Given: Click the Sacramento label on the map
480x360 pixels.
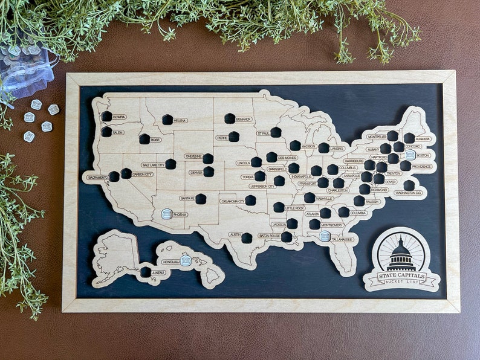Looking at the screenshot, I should [x=97, y=178].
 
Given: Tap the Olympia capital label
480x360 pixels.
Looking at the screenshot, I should [x=118, y=117].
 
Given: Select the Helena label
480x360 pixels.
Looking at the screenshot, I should [x=180, y=120].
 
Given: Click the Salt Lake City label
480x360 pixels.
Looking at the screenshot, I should [x=153, y=164].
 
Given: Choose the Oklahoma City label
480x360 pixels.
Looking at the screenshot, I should [x=232, y=201].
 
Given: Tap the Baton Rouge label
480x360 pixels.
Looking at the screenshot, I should [x=269, y=236].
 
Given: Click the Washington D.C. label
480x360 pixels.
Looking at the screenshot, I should [x=408, y=193].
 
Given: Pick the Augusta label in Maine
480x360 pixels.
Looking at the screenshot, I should [x=423, y=138].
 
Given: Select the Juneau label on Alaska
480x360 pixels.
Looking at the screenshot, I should [x=158, y=272].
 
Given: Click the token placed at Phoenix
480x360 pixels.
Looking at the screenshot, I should [x=167, y=213].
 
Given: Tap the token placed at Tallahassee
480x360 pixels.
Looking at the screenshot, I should [x=325, y=236].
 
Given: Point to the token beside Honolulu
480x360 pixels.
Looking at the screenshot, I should [x=186, y=260].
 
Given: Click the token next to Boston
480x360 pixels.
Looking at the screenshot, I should [x=410, y=155].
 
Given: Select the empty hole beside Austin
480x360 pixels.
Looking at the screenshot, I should [x=247, y=237].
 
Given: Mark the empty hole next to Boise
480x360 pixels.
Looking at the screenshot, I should [x=144, y=139].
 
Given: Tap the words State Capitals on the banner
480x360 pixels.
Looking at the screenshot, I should [x=401, y=276].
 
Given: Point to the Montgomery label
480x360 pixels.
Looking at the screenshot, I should [x=332, y=225].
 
